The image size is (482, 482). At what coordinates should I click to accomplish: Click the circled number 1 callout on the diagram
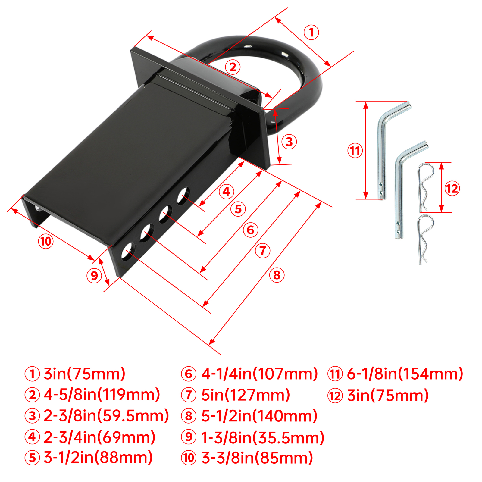point(311,32)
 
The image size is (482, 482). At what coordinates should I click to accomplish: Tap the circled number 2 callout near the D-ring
point(233,67)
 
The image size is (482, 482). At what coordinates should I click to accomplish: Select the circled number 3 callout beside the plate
point(289,142)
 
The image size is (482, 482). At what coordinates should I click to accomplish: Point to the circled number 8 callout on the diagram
point(277,275)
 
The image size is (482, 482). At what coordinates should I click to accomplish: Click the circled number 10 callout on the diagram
point(46,241)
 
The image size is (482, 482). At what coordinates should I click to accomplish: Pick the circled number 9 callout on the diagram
point(94,275)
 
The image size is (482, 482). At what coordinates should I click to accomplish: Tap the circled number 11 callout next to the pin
point(355,151)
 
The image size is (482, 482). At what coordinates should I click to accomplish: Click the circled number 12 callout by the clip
point(452,189)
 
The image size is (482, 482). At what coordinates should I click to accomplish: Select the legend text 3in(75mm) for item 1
point(84,374)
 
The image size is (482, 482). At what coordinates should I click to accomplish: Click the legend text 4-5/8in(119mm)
point(102,395)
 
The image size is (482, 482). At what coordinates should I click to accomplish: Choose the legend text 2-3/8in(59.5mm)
point(106,416)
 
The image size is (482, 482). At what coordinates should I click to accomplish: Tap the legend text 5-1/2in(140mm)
point(259,416)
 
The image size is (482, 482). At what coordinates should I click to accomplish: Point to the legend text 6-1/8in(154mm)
point(405,374)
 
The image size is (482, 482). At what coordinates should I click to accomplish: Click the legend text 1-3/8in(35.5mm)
point(263,437)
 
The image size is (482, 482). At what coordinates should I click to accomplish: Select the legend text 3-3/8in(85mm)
point(257,458)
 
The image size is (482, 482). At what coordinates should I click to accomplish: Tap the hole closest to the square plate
point(183,196)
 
